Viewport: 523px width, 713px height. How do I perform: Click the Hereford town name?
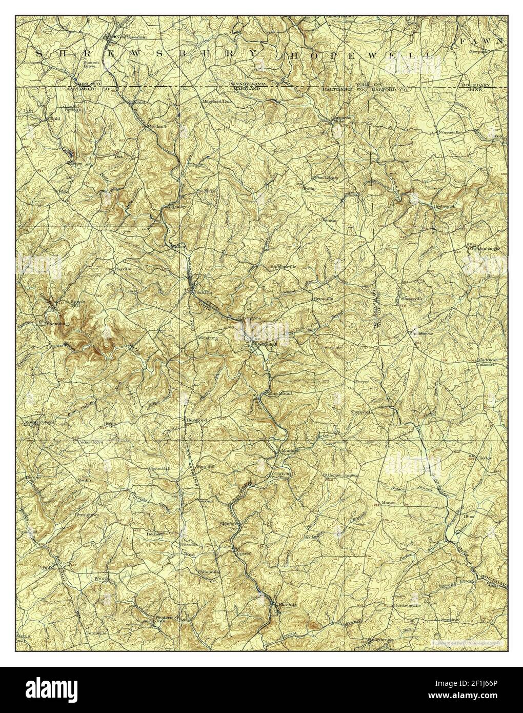pos(195,419)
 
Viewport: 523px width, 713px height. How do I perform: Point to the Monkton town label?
pos(289,450)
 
